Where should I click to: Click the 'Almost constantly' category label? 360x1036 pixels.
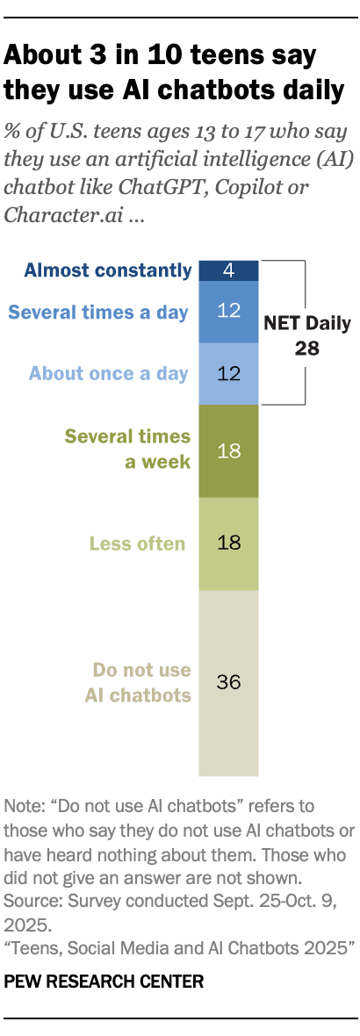107,270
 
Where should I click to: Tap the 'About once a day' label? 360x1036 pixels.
108,373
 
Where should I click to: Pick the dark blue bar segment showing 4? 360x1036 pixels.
228,270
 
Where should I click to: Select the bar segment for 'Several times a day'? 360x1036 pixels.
228,312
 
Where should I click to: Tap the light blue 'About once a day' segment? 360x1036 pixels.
228,373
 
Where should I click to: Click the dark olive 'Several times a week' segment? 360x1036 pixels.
228,450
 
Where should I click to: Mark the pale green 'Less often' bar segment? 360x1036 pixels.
228,543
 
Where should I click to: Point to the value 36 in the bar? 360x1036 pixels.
228,682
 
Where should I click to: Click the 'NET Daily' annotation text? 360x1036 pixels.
307,323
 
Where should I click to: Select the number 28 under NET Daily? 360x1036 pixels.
307,348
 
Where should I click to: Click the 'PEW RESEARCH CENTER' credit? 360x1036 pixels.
104,982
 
